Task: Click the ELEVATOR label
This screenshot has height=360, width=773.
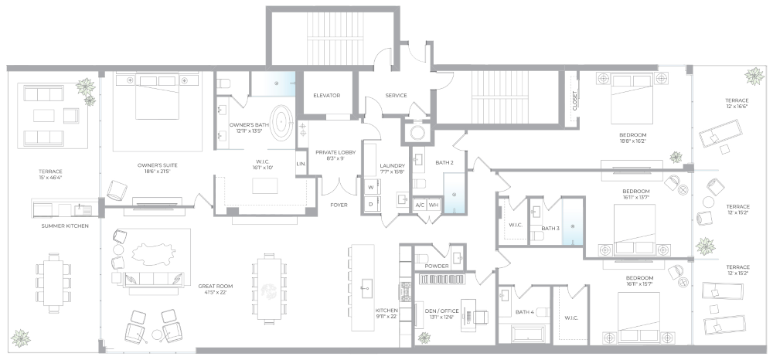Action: click(327, 95)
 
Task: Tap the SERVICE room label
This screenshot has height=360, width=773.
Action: click(396, 95)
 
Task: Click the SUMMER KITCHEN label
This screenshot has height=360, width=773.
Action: click(65, 226)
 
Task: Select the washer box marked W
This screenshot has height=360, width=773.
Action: click(371, 188)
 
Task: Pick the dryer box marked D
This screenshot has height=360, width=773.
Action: click(371, 204)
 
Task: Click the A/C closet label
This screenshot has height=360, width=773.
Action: click(420, 205)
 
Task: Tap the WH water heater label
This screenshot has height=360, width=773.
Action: click(434, 205)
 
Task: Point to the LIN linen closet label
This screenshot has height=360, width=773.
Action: click(301, 164)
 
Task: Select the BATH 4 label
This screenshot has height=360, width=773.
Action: click(524, 312)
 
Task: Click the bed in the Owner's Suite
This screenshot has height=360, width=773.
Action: click(158, 98)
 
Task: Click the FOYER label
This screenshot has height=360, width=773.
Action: click(338, 205)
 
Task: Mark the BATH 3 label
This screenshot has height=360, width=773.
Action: click(550, 229)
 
